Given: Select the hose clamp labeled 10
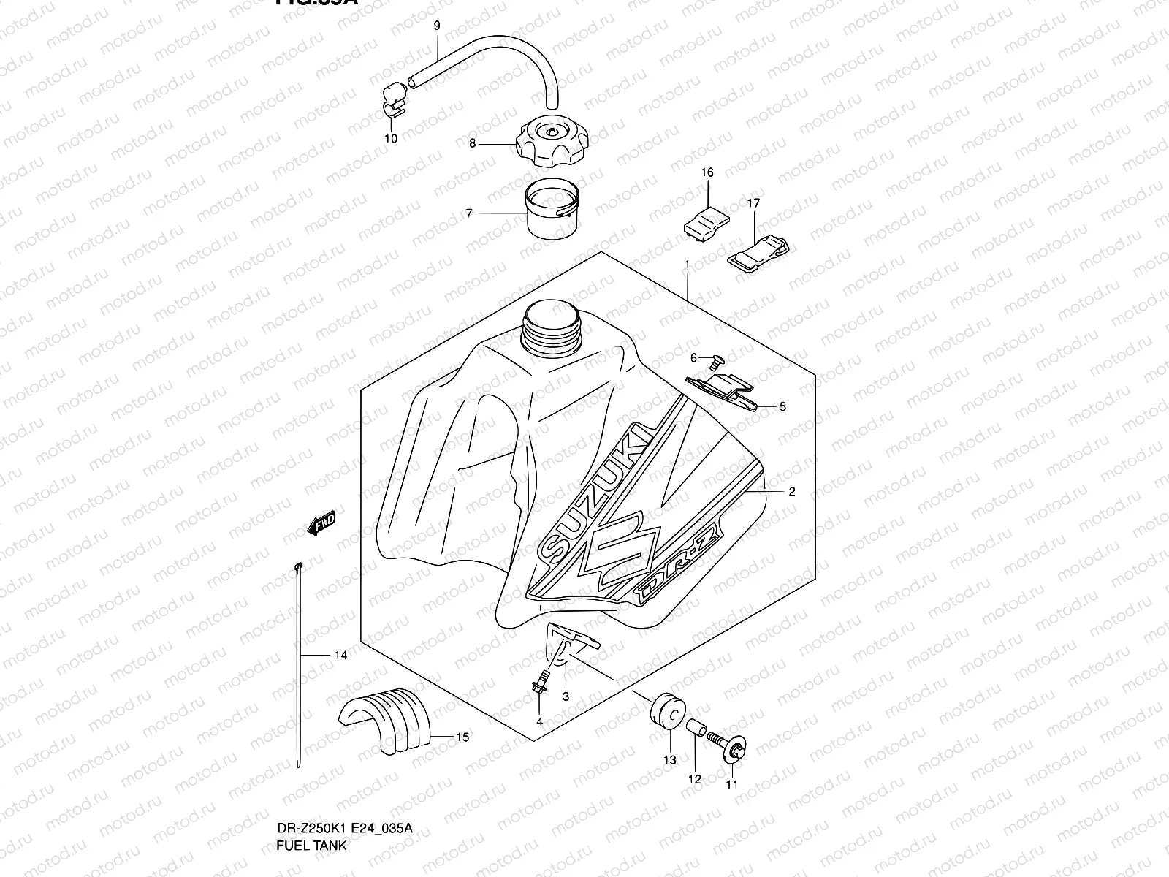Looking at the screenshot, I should (x=395, y=99).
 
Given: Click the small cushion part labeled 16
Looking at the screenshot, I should (x=707, y=218).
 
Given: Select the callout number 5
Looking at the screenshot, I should (x=782, y=407).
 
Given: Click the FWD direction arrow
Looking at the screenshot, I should (x=321, y=523).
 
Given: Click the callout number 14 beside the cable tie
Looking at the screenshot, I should (x=340, y=656).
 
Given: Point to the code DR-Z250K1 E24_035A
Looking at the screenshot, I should (x=343, y=828).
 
